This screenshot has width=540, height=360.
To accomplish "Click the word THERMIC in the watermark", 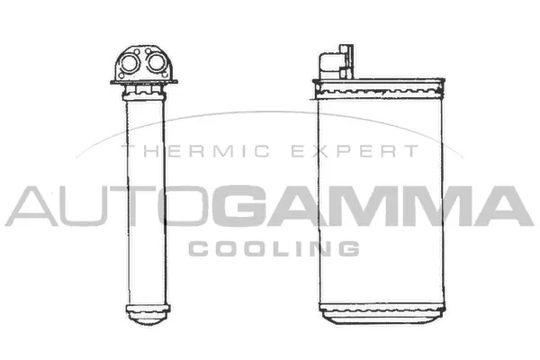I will coord(171,153).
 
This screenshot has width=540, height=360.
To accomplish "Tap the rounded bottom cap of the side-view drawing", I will coord(146,315).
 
